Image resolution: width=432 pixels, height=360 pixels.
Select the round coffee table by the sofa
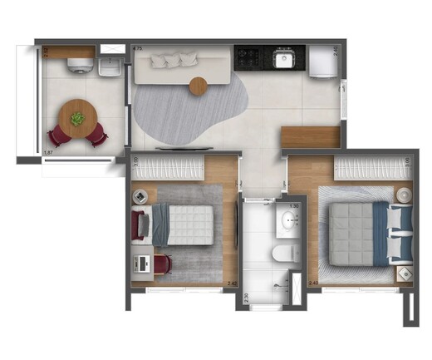pyautogui.click(x=198, y=85)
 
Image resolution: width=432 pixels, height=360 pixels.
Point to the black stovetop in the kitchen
pyautogui.click(x=248, y=57)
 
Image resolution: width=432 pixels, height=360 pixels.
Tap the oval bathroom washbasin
pyautogui.click(x=289, y=220)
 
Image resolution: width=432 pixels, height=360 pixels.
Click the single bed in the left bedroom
pyautogui.click(x=181, y=224)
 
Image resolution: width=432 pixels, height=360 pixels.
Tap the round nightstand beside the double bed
pyautogui.click(x=403, y=195)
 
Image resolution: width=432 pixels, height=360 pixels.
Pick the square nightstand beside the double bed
pyautogui.click(x=404, y=272)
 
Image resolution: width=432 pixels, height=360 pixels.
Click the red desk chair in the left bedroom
pyautogui.click(x=161, y=264)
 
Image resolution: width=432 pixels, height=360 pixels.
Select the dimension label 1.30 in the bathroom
pyautogui.click(x=294, y=205)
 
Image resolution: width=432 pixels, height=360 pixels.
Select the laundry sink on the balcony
pyautogui.click(x=108, y=66)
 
